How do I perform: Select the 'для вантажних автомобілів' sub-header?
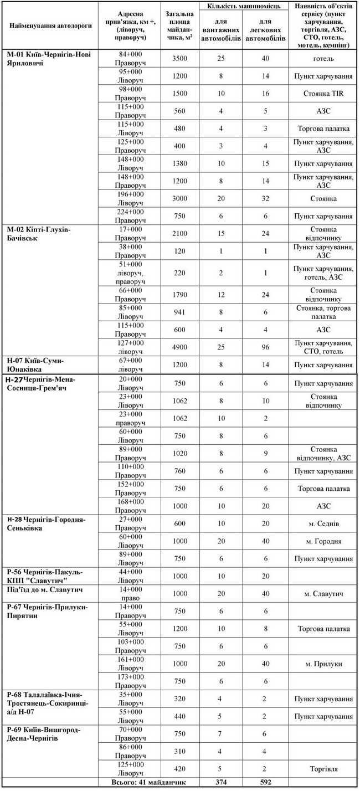click(x=221, y=30)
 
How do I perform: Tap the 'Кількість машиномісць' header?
click(x=244, y=6)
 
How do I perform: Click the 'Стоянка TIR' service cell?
click(x=323, y=94)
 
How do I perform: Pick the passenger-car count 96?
click(x=265, y=347)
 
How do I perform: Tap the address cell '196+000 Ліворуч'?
click(x=131, y=198)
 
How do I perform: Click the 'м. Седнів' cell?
click(x=323, y=523)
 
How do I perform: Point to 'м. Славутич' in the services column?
click(x=323, y=594)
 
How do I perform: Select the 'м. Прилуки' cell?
click(x=323, y=664)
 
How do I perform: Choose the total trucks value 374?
click(x=221, y=783)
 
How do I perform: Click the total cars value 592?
click(x=265, y=783)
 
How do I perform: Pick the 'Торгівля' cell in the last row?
click(x=323, y=769)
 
